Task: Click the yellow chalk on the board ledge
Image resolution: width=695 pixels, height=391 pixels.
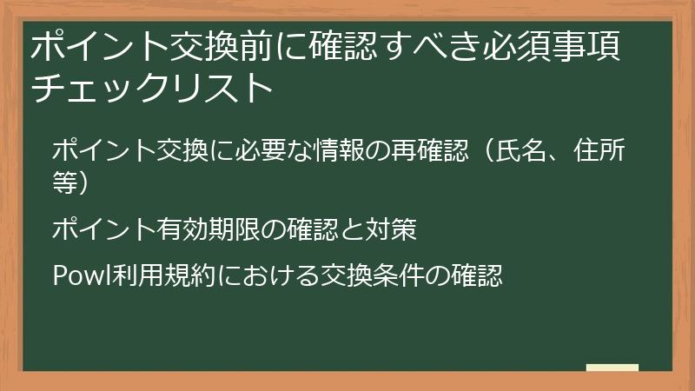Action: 612,368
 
